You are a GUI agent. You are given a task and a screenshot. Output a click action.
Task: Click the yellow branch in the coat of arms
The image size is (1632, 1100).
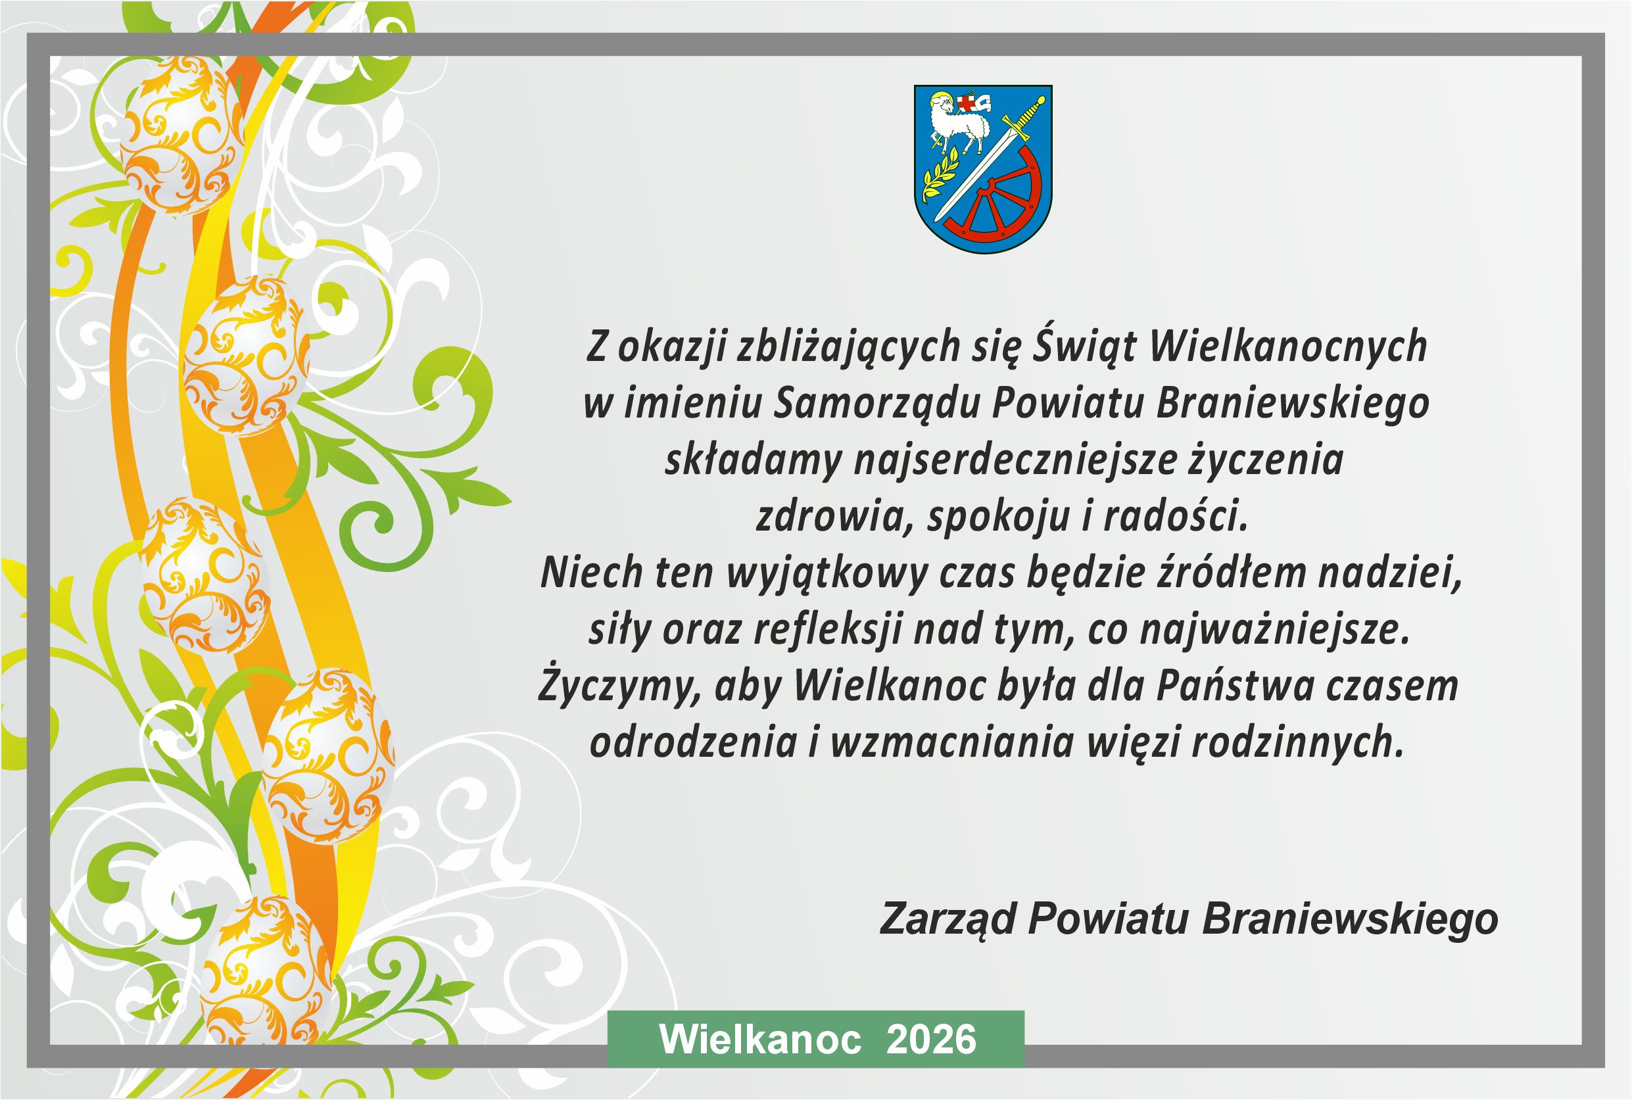(x=940, y=178)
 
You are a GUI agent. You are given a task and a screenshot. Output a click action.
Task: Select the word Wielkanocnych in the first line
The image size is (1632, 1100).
(x=1288, y=347)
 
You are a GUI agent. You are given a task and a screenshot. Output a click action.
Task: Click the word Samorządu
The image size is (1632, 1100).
(x=877, y=404)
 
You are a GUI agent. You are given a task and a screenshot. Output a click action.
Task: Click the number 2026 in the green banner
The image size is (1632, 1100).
(x=931, y=1040)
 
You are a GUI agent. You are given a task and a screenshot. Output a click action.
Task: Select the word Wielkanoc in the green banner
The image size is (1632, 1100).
(x=761, y=1040)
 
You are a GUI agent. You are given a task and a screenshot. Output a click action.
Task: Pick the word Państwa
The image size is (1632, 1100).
(x=1235, y=686)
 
